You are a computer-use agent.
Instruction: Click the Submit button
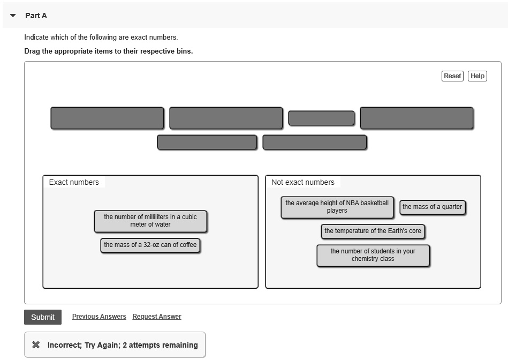point(43,317)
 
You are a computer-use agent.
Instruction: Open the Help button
point(477,76)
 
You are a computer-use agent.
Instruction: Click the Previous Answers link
point(99,317)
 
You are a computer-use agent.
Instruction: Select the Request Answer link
point(157,317)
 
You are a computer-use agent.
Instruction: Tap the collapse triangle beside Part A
point(13,15)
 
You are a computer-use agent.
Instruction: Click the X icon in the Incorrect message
point(36,345)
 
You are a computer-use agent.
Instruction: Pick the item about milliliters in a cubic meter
point(150,221)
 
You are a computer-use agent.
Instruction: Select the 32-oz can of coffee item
point(150,245)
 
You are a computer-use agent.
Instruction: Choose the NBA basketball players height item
point(337,207)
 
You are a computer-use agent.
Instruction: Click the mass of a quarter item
point(432,207)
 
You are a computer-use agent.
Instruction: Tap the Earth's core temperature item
point(373,231)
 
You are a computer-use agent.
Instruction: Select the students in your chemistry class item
point(373,256)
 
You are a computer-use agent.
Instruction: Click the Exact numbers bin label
point(74,182)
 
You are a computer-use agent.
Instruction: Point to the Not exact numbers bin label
point(303,182)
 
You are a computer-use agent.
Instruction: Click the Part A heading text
point(36,16)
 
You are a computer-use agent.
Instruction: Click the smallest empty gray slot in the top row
point(321,118)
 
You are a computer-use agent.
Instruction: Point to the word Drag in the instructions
point(32,51)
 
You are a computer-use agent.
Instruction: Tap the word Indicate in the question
point(36,37)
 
